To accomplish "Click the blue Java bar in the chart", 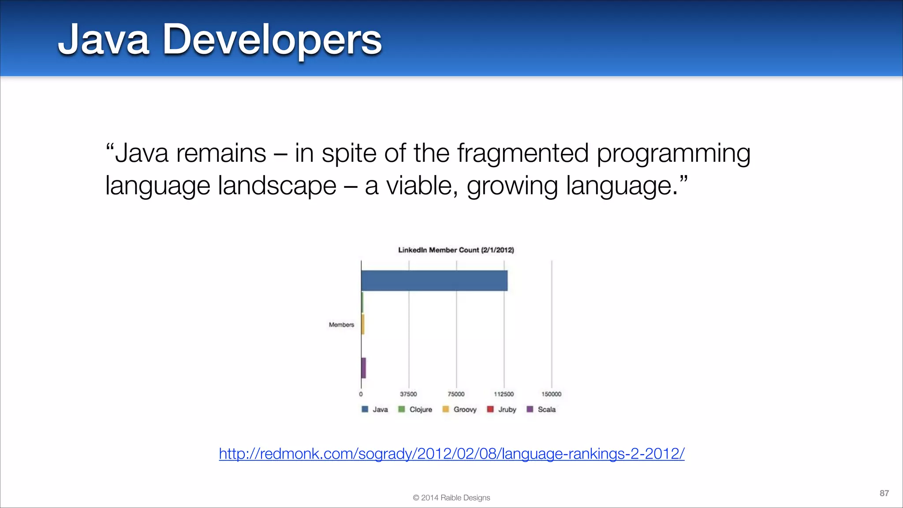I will click(434, 280).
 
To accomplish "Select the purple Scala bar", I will click(364, 368).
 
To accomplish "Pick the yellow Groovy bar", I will click(363, 324).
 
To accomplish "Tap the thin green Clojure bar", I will click(362, 302).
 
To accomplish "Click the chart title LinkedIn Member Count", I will click(456, 250).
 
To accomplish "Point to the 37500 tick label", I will click(408, 394).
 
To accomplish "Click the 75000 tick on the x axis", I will click(456, 394).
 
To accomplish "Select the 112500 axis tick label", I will click(504, 394).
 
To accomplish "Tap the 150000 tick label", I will click(551, 394).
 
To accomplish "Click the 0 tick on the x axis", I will click(361, 394).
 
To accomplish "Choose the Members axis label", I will click(341, 325).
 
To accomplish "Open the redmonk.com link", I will click(451, 453).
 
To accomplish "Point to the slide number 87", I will click(884, 493).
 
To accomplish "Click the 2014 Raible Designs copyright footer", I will click(451, 497).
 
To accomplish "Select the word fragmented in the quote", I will click(522, 153).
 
